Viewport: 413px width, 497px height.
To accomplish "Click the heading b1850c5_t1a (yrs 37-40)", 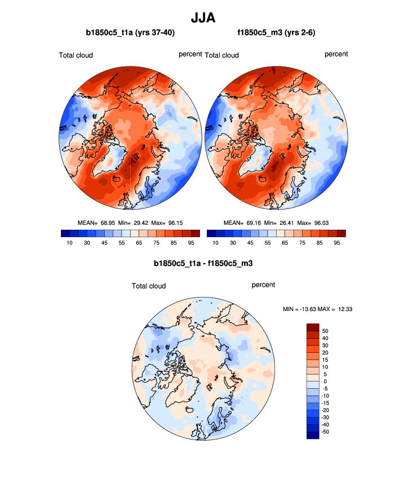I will coord(130,33).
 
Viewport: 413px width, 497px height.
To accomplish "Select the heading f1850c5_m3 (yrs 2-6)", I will coord(276,33).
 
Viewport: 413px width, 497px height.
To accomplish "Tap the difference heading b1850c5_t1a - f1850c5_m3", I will coord(206,263).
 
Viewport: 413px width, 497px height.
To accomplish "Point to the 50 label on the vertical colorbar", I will coord(326,331).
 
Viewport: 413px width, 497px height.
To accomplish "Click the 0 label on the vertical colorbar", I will coord(326,381).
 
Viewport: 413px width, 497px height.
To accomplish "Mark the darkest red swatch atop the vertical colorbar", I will coord(313,327).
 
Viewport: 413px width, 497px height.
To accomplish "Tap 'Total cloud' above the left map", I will coord(76,55).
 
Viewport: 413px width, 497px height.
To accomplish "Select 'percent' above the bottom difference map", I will coord(263,285).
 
